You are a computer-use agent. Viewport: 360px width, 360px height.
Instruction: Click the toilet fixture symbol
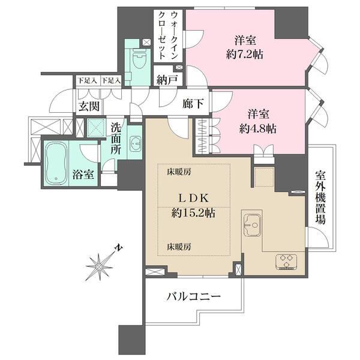click(140, 59)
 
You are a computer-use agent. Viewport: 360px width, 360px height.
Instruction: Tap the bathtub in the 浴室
click(56, 163)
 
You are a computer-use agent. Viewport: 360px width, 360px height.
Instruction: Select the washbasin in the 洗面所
click(136, 144)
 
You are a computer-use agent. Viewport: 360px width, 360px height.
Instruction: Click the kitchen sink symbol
click(253, 226)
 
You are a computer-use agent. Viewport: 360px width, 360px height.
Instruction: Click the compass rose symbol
click(99, 266)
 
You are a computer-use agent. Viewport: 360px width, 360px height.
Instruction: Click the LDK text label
click(193, 198)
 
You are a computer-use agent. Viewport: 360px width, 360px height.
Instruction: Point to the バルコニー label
click(193, 296)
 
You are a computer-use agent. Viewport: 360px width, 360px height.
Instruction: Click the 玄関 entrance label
click(89, 107)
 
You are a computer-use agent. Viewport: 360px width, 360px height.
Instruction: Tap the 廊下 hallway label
click(193, 104)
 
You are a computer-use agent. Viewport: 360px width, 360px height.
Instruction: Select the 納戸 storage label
click(167, 80)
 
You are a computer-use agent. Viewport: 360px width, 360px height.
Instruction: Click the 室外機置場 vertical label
click(320, 197)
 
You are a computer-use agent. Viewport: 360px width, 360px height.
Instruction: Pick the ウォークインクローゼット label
click(168, 35)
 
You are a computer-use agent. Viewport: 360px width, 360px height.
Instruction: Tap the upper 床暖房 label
click(179, 172)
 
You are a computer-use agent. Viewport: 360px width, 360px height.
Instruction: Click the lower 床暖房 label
click(179, 247)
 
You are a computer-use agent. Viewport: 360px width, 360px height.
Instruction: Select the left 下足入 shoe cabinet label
click(87, 80)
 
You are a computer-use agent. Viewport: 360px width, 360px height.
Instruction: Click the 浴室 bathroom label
click(83, 175)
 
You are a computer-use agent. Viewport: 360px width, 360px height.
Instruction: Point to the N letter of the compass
click(119, 248)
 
